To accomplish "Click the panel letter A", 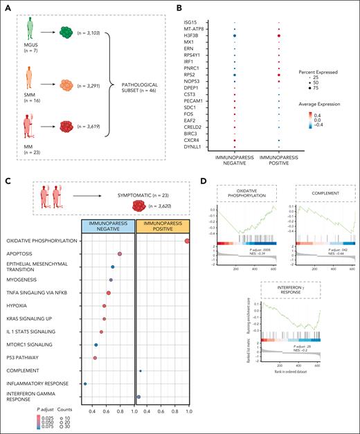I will (x=10, y=9).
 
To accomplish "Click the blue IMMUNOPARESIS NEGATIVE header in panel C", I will (x=107, y=225).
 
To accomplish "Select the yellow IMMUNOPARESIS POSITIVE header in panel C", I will (x=164, y=225).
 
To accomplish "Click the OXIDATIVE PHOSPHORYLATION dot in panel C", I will (x=188, y=240).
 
